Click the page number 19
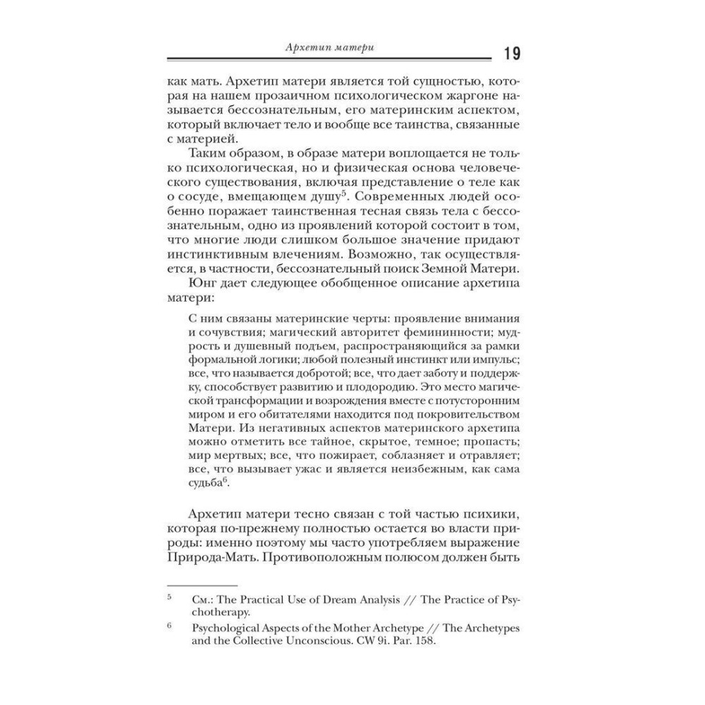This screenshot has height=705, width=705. click(x=512, y=54)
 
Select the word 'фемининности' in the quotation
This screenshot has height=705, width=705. click(x=431, y=331)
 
